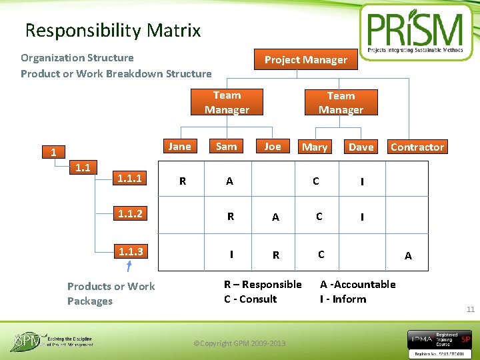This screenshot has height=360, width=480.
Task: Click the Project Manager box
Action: pyautogui.click(x=305, y=59)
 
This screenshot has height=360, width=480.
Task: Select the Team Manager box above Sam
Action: pyautogui.click(x=227, y=103)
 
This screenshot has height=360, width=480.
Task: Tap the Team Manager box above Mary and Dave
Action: pyautogui.click(x=341, y=103)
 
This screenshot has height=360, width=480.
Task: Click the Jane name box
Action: pyautogui.click(x=179, y=147)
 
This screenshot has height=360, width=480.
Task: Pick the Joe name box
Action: pyautogui.click(x=272, y=147)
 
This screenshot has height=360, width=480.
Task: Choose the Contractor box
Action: pyautogui.click(x=417, y=147)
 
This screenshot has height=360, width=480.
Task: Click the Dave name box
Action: pyautogui.click(x=361, y=147)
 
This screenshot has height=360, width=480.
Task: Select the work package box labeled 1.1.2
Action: pyautogui.click(x=130, y=214)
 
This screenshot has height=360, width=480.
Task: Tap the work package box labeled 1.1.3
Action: pyautogui.click(x=130, y=251)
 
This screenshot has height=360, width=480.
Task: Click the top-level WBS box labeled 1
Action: pyautogui.click(x=53, y=153)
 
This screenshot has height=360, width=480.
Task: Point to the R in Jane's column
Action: pyautogui.click(x=183, y=181)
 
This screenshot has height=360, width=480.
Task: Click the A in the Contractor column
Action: pyautogui.click(x=408, y=256)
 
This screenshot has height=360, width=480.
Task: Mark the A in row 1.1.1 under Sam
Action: pyautogui.click(x=229, y=181)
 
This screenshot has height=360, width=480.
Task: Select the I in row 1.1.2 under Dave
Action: pyautogui.click(x=362, y=217)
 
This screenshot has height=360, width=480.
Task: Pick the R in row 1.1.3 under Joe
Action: pyautogui.click(x=275, y=255)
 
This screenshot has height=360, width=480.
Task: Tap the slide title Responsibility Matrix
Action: pyautogui.click(x=113, y=31)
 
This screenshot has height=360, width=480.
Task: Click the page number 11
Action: pyautogui.click(x=470, y=309)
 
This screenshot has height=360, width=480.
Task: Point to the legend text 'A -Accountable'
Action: pyautogui.click(x=357, y=285)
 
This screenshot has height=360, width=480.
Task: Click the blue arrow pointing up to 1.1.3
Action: pyautogui.click(x=129, y=267)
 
